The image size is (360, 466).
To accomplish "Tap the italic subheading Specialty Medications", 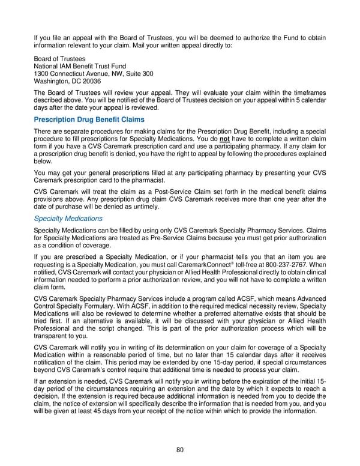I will [68, 219].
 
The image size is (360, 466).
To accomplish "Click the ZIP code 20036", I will [89, 81].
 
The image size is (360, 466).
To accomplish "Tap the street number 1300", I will [42, 73].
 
